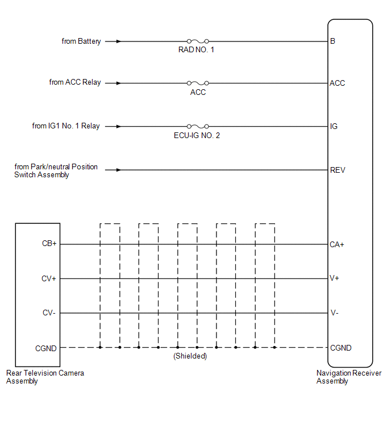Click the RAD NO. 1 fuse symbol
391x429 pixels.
[x=198, y=41]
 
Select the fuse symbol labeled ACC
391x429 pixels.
[x=198, y=83]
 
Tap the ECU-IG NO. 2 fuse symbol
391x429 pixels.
[x=198, y=126]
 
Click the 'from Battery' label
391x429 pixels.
[x=81, y=41]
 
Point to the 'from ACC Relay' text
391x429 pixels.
[x=75, y=82]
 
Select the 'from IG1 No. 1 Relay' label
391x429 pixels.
[x=66, y=126]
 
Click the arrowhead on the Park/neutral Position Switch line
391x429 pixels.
[x=118, y=170]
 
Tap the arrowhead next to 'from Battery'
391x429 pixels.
[x=118, y=41]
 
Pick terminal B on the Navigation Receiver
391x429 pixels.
[x=332, y=41]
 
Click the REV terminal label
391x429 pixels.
[x=338, y=170]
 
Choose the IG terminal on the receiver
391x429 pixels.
[x=334, y=126]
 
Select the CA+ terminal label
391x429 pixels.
[x=337, y=244]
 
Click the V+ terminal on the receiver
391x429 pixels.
[x=334, y=278]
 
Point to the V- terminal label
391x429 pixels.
[x=334, y=313]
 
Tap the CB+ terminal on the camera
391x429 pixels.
[x=49, y=243]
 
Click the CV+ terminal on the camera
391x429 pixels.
[x=49, y=278]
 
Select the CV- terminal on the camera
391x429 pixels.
[x=49, y=313]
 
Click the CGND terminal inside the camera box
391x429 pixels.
[x=45, y=348]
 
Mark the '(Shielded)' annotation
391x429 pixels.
[x=190, y=356]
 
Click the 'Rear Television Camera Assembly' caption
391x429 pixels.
[x=45, y=377]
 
